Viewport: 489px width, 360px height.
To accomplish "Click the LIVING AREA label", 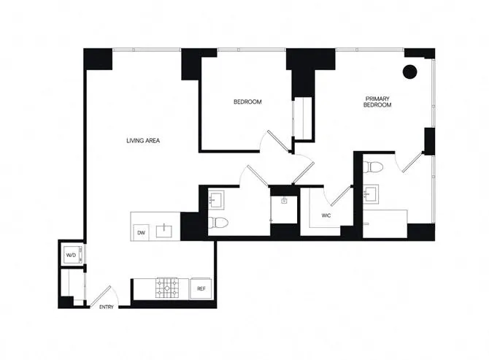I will pos(143,140).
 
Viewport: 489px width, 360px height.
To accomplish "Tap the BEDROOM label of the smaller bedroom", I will pos(247,102).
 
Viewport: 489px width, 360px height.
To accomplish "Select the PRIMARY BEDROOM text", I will pos(378,102).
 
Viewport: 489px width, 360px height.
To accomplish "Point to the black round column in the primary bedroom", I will pos(409,72).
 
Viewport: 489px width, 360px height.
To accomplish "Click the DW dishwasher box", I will pos(141,232).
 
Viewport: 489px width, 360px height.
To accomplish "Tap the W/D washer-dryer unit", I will pos(72,256).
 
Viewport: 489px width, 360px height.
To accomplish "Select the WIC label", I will pos(327,215).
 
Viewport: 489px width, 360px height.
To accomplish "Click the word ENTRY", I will pos(107,307).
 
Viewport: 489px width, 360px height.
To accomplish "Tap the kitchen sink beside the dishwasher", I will pos(166,231).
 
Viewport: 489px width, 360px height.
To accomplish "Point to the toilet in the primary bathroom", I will pos(373,166).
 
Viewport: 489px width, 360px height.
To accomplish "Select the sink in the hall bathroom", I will pos(216,198).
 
